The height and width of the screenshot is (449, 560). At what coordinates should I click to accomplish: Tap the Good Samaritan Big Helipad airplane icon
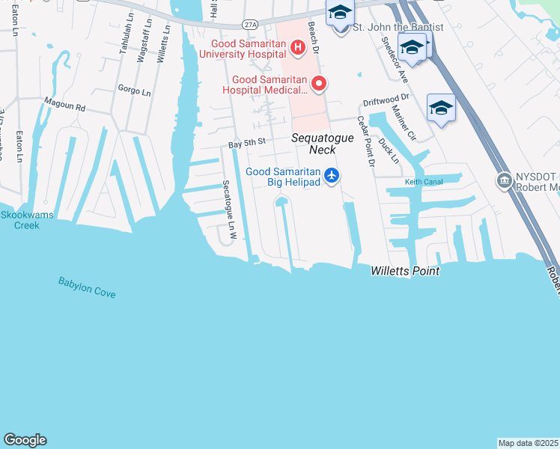coord(332,177)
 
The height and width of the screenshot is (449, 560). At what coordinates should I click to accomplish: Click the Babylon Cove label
coord(87,287)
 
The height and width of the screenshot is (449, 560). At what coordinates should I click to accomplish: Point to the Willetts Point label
coord(405,271)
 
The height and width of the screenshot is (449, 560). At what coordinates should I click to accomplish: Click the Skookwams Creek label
coord(19,219)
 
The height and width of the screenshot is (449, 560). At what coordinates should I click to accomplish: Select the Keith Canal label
coord(422,182)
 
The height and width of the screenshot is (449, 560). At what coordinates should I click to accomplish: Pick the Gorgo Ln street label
coord(136,88)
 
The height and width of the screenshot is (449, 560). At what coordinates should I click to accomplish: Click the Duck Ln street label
coord(389,148)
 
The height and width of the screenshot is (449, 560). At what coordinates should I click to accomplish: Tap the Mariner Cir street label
coord(405,123)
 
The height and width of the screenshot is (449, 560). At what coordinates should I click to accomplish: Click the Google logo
coord(25,440)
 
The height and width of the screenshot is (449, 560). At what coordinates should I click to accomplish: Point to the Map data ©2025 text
coord(528,443)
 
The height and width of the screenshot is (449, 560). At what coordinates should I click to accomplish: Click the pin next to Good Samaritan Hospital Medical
coord(319,84)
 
